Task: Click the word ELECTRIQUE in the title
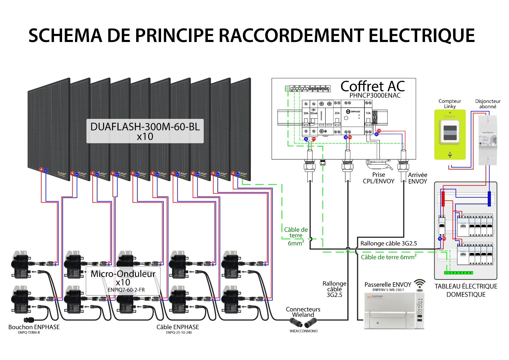click(421, 35)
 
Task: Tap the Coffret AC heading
click(373, 86)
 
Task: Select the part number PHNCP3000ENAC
click(375, 95)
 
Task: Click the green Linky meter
click(450, 134)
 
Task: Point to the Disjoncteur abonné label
click(488, 104)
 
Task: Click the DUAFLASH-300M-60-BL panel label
click(145, 127)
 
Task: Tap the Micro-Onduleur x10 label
click(123, 278)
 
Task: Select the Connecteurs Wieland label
click(303, 312)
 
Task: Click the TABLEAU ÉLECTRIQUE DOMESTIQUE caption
click(466, 290)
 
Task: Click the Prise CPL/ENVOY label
click(378, 178)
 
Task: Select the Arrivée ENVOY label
click(417, 178)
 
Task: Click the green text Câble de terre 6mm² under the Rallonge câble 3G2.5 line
click(388, 257)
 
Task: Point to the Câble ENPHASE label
click(178, 327)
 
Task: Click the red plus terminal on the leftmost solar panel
click(41, 169)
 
